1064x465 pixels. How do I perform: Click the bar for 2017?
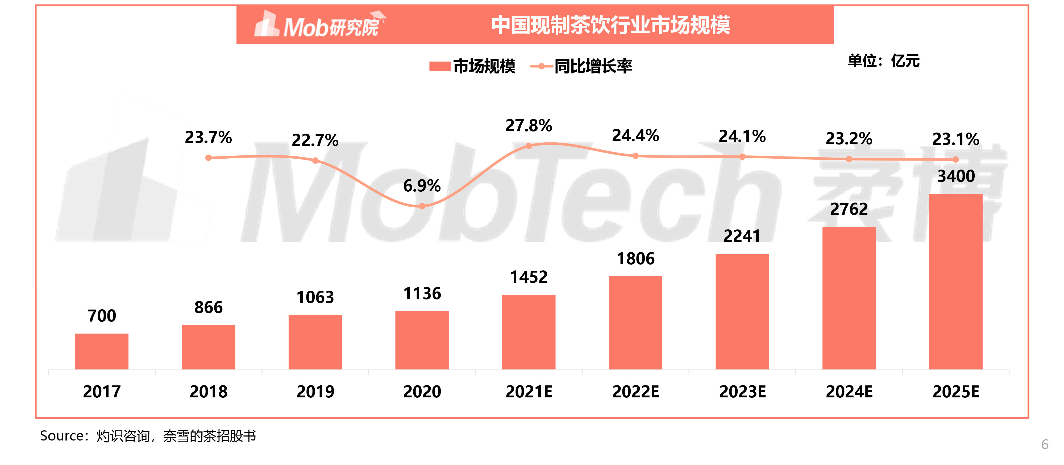[x=102, y=351]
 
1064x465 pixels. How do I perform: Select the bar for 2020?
[x=422, y=340]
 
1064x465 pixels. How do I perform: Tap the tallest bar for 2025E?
[x=955, y=281]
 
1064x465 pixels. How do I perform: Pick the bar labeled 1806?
[x=635, y=322]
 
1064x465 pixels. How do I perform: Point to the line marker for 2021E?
[x=529, y=146]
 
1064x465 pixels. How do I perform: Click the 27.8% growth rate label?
[x=529, y=126]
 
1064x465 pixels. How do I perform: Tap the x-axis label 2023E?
[x=742, y=392]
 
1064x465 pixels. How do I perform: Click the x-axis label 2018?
[x=208, y=392]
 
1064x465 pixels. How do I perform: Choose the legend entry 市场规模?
[x=473, y=66]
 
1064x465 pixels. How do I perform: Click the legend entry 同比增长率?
[x=581, y=66]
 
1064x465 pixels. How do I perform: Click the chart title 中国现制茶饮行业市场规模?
[x=610, y=25]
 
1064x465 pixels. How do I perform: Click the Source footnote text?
[x=148, y=436]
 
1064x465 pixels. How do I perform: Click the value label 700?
[x=102, y=316]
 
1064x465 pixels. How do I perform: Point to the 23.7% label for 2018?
[x=208, y=137]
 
